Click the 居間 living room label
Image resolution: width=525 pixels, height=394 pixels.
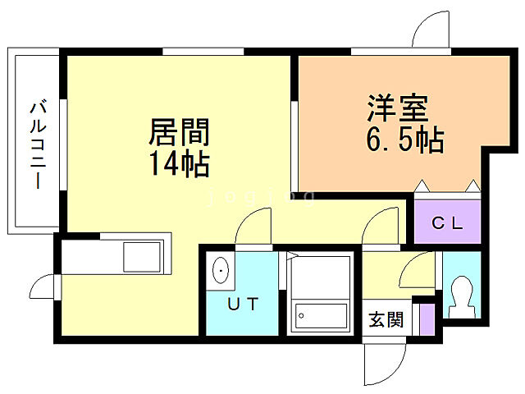point(179,132)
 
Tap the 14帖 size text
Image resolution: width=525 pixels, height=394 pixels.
point(179,164)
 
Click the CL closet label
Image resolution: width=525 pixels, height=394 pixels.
point(448,222)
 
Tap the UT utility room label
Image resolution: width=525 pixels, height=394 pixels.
point(243,305)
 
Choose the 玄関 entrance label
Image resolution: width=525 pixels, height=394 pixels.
point(386,319)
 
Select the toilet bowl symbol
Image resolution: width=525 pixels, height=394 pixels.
point(461,296)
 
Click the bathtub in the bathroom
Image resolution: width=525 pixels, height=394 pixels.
point(321,315)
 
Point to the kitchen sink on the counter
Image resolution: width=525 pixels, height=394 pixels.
point(144,257)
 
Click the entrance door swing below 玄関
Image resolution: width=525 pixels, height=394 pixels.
point(386,361)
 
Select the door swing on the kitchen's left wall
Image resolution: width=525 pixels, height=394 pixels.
point(43,288)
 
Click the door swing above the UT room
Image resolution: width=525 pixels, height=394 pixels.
point(255,227)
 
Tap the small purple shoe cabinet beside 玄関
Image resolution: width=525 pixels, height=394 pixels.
point(425,317)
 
